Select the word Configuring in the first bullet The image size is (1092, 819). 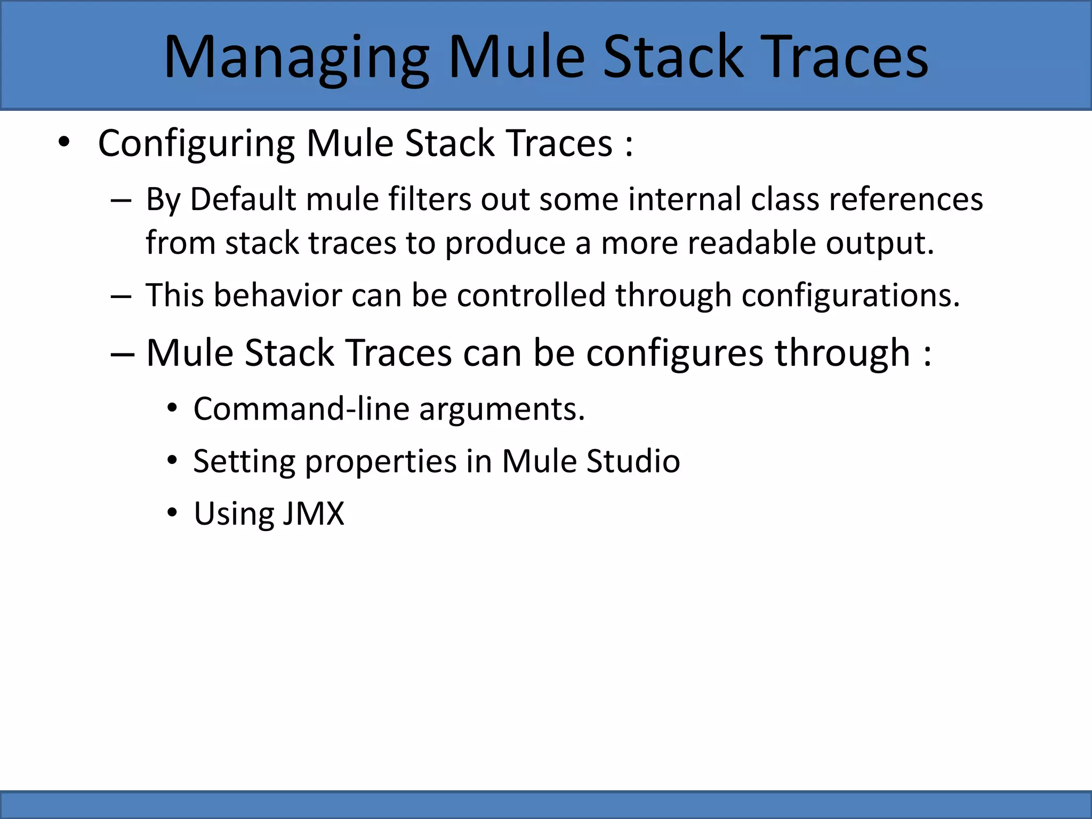(x=196, y=144)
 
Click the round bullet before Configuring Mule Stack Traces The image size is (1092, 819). (x=64, y=143)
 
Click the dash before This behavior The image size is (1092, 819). (x=121, y=296)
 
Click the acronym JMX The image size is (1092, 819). (x=314, y=514)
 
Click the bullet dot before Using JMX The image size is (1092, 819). (x=171, y=513)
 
